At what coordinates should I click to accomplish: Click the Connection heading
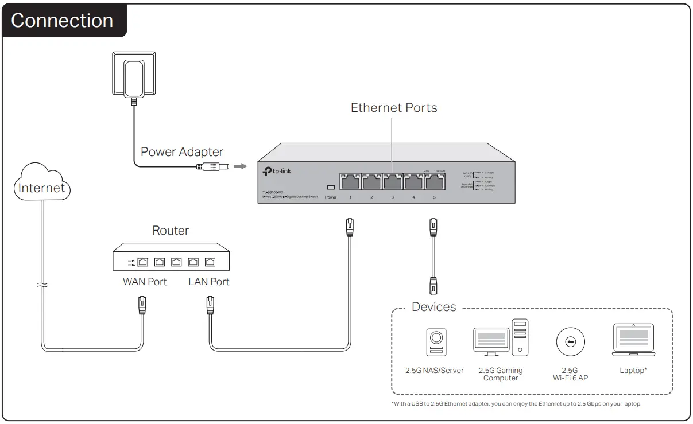(62, 21)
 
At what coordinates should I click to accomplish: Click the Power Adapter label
(181, 152)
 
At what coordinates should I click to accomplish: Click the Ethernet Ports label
(393, 108)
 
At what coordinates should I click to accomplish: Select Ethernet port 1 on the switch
(350, 181)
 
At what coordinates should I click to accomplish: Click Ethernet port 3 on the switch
(393, 181)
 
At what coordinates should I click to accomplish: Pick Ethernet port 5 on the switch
(435, 181)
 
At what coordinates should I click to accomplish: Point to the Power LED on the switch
(330, 188)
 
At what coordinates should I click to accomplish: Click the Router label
(171, 231)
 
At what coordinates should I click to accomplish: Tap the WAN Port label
(145, 282)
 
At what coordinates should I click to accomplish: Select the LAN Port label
(209, 282)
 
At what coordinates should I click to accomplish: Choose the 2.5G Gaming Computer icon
(500, 339)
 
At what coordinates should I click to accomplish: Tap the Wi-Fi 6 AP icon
(570, 343)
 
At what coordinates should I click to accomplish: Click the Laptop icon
(633, 340)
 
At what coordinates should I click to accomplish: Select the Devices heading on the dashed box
(434, 307)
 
